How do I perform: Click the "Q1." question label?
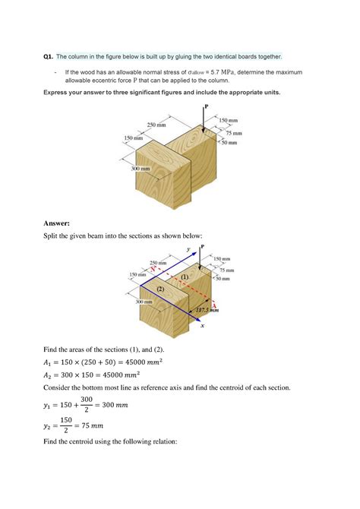coord(48,56)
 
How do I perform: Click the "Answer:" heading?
coord(56,223)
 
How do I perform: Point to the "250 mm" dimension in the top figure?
coord(156,125)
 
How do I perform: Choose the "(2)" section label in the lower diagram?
coord(160,289)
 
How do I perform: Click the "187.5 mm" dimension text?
coord(207,310)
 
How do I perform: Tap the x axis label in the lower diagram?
coord(203,327)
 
